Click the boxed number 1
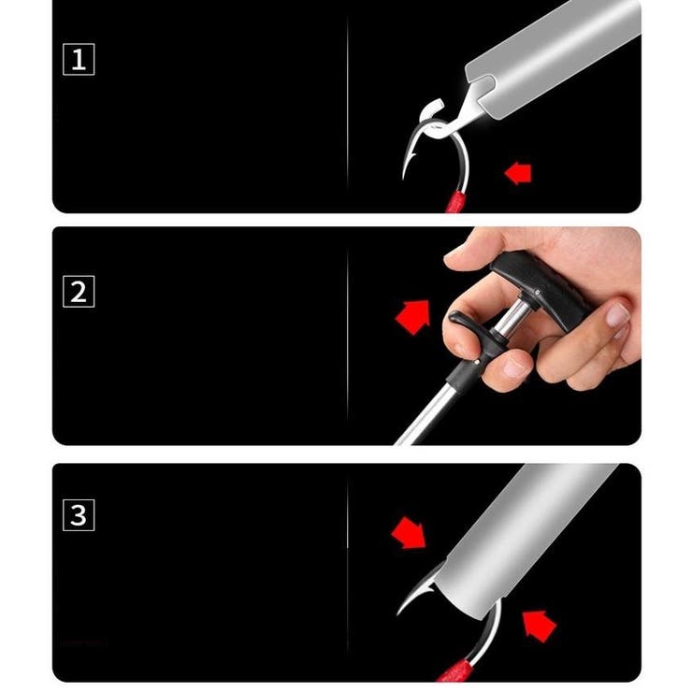pyautogui.click(x=79, y=60)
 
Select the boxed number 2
pyautogui.click(x=79, y=291)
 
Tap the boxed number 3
pyautogui.click(x=79, y=515)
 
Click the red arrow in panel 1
pyautogui.click(x=518, y=173)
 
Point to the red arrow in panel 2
pyautogui.click(x=413, y=317)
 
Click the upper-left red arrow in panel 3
pyautogui.click(x=409, y=533)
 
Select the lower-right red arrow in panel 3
pyautogui.click(x=539, y=627)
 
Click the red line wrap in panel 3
pyautogui.click(x=455, y=670)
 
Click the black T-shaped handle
pyautogui.click(x=541, y=288)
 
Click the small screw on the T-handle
pyautogui.click(x=537, y=292)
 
